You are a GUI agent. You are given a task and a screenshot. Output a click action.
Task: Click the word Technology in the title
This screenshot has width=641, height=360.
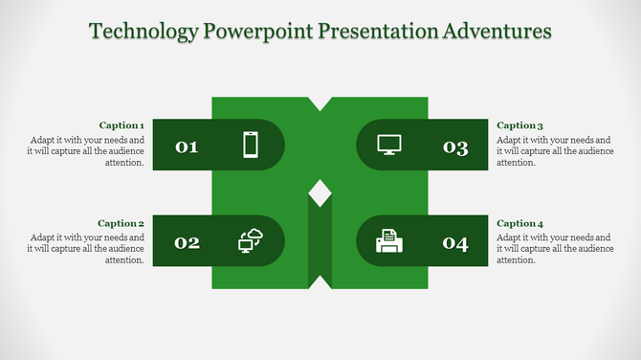click(x=143, y=32)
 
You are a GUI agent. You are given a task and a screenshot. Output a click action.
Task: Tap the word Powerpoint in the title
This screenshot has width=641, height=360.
click(x=249, y=32)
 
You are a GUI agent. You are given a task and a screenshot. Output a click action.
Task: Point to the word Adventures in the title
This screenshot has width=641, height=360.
click(x=497, y=32)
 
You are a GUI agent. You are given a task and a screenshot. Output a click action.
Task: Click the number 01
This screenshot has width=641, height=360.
click(x=187, y=146)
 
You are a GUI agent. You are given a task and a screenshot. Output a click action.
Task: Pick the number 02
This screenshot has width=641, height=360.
click(x=187, y=242)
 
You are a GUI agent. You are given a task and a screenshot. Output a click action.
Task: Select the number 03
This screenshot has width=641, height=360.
click(x=455, y=146)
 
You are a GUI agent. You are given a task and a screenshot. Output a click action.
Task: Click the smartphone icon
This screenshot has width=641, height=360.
click(x=251, y=145)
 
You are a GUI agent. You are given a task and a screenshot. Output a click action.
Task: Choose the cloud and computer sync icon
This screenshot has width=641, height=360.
click(x=250, y=241)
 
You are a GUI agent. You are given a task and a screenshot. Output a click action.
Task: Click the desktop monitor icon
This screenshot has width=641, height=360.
click(x=389, y=145)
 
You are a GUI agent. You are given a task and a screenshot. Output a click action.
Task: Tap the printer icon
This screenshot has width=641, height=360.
click(x=389, y=241)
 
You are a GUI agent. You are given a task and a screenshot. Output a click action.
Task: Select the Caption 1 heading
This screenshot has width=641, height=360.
click(x=122, y=125)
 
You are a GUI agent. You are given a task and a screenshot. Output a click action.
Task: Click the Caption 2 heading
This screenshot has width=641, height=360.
click(x=122, y=223)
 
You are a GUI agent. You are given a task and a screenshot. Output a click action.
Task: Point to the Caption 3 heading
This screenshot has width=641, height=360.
click(x=520, y=125)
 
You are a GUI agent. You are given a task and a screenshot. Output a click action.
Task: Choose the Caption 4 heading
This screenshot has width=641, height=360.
click(x=520, y=223)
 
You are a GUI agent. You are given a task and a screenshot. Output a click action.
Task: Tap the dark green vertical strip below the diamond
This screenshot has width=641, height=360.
click(x=320, y=244)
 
